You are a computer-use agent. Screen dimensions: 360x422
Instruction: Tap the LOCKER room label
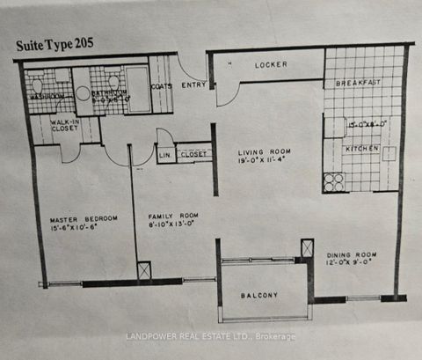pyautogui.click(x=273, y=65)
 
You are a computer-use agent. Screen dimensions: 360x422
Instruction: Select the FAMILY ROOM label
pyautogui.click(x=173, y=215)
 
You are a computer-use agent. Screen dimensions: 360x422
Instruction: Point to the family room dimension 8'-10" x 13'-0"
pyautogui.click(x=172, y=224)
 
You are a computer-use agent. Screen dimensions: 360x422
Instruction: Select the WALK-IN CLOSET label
pyautogui.click(x=64, y=126)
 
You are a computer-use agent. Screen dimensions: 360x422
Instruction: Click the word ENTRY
pyautogui.click(x=194, y=86)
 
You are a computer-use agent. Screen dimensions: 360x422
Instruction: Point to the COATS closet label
pyautogui.click(x=162, y=86)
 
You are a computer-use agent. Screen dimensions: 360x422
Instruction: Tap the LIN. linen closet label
pyautogui.click(x=164, y=155)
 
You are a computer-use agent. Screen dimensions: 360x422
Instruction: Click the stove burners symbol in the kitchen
pyautogui.click(x=334, y=183)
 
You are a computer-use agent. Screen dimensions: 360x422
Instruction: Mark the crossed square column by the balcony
pyautogui.click(x=307, y=249)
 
